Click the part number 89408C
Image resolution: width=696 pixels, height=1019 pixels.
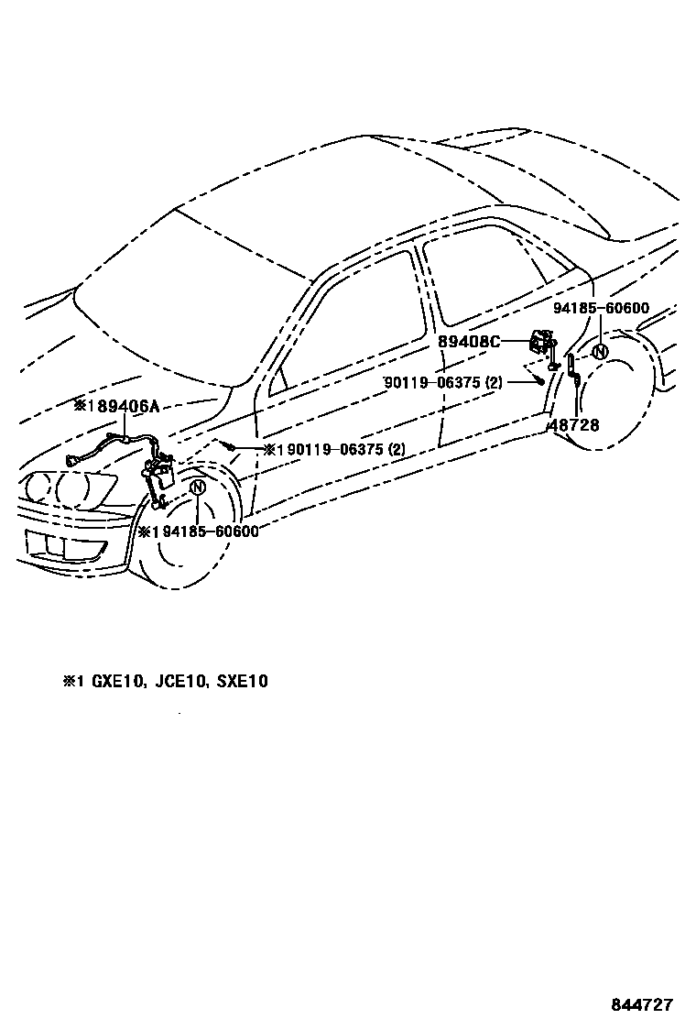(x=469, y=342)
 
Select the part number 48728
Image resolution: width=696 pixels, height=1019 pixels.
(x=574, y=425)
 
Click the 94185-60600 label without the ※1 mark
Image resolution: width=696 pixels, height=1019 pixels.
(x=601, y=309)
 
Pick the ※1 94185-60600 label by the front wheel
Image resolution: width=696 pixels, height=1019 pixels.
(x=199, y=531)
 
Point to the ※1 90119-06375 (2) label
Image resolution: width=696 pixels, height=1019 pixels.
(x=334, y=449)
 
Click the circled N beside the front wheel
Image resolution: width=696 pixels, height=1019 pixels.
(x=198, y=488)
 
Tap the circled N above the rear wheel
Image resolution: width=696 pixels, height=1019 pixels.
(x=600, y=351)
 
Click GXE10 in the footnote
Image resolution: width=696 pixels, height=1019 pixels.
(x=113, y=682)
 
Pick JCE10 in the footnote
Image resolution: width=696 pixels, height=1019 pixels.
(x=177, y=682)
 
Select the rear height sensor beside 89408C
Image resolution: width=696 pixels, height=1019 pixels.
(x=541, y=346)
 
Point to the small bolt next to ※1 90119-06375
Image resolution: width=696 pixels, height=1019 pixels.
(x=233, y=446)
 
